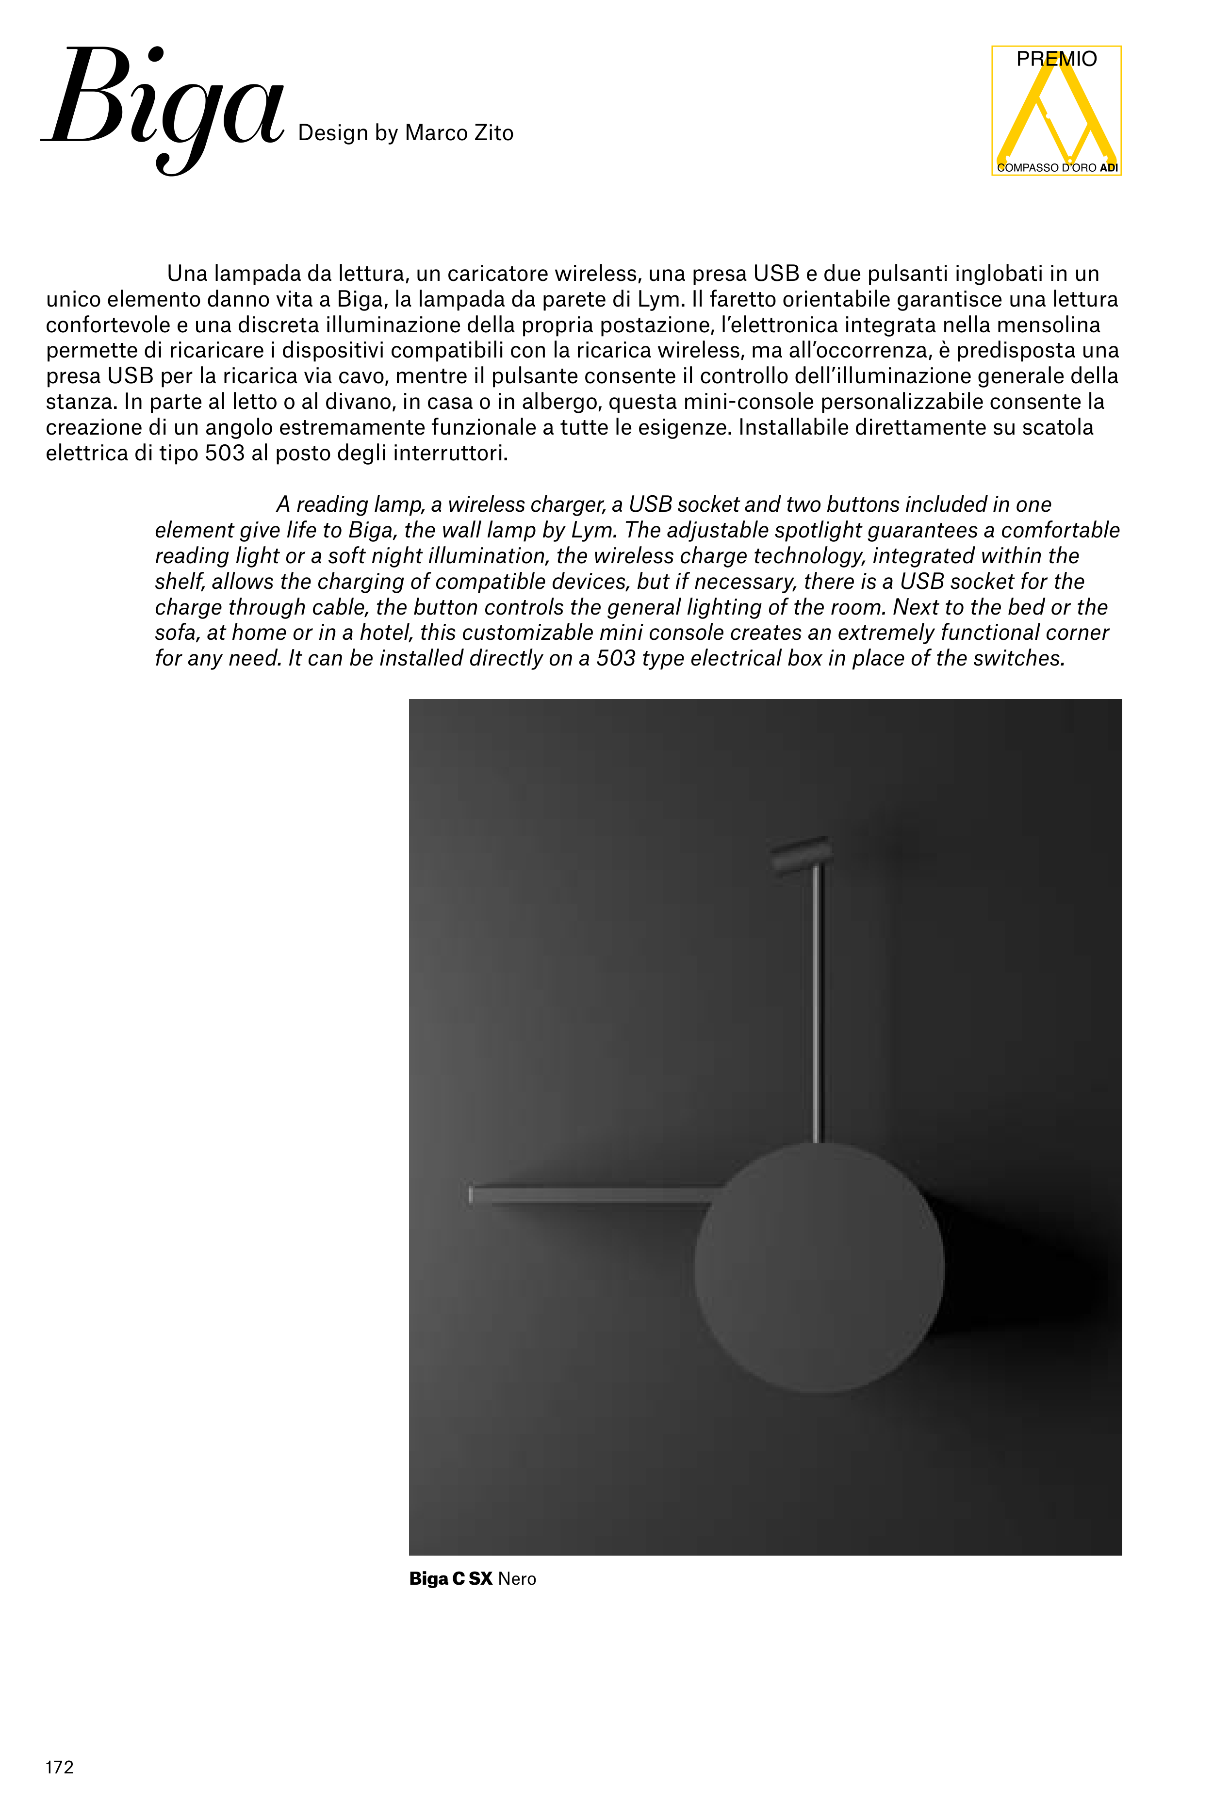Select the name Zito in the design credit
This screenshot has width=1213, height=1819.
point(493,133)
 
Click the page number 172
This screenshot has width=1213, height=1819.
point(60,1767)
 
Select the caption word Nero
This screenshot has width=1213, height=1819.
point(517,1578)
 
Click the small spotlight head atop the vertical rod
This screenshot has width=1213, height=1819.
point(801,855)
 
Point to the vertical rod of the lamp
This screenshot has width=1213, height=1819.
point(818,1006)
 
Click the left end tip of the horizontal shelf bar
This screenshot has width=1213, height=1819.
point(470,1195)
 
